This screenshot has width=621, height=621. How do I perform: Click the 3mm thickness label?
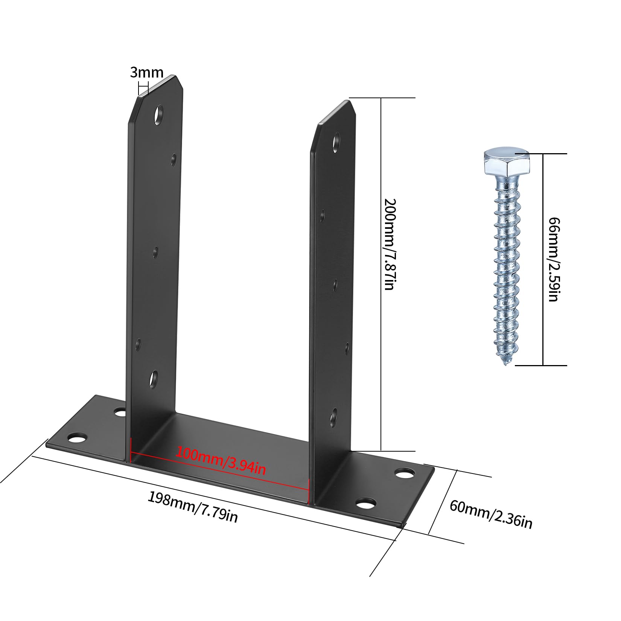(147, 72)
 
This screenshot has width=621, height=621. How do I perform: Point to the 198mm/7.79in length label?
(192, 507)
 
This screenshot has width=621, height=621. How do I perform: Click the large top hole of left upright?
(160, 114)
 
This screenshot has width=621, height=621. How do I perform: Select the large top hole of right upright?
(336, 142)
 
